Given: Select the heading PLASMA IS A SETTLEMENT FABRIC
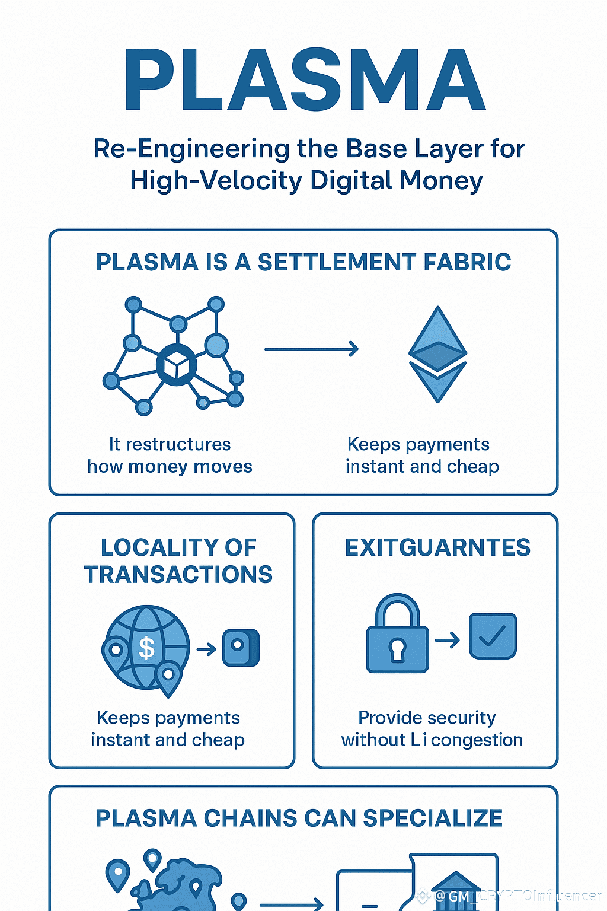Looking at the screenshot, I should tap(303, 262).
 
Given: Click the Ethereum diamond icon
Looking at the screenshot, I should tap(437, 354).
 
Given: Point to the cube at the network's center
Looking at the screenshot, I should tap(176, 365).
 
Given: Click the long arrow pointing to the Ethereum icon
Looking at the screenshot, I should tap(311, 349).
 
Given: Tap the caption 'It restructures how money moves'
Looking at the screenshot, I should tap(170, 455).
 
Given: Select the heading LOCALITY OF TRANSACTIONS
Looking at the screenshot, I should tap(178, 560).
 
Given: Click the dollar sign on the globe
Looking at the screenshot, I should tap(146, 647).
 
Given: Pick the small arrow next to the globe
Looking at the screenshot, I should tap(206, 649).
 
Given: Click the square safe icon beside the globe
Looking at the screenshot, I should tap(241, 648).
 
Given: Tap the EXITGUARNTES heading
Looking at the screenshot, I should tap(437, 547).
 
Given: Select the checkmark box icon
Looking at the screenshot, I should tap(493, 636).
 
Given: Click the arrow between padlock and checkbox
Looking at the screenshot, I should tap(448, 640).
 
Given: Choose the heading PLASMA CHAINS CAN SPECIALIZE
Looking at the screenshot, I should tap(299, 818).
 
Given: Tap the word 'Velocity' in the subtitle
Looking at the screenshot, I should tap(252, 181).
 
